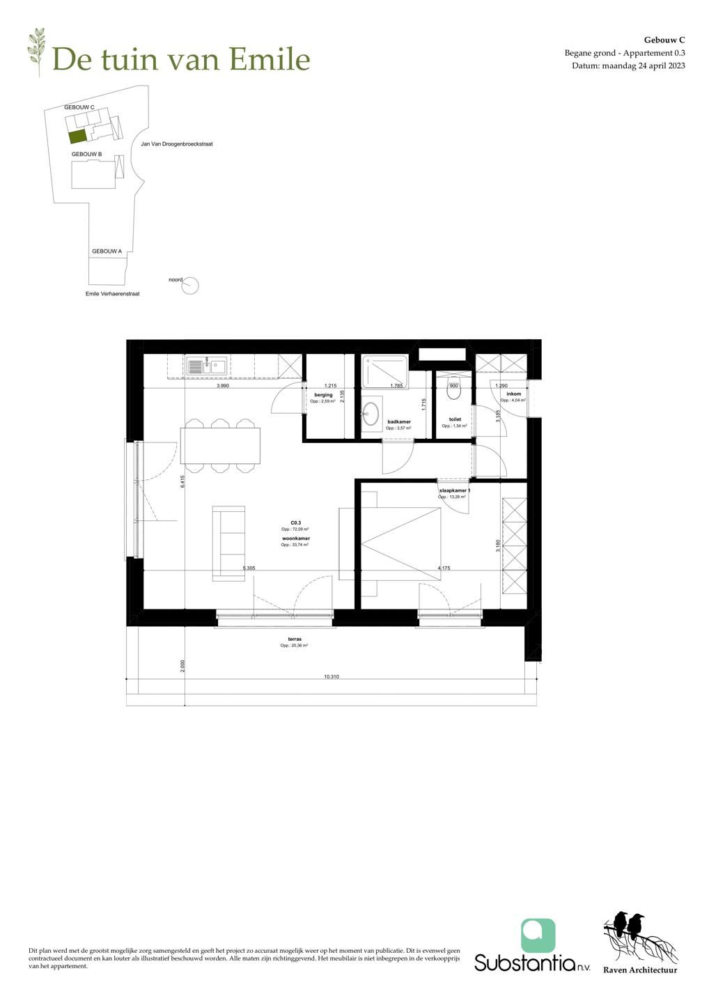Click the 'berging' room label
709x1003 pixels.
322,395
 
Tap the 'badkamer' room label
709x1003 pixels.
399,421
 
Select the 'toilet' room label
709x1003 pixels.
455,419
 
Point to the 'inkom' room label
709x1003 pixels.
513,394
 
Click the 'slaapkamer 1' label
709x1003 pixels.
454,491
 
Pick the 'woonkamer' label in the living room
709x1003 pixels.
296,539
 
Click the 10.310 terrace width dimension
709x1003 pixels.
332,676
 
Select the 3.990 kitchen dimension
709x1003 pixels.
223,385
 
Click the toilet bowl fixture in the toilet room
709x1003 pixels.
455,391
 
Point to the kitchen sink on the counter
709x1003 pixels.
207,364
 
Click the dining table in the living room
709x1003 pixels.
220,445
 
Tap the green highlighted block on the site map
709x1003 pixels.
77,136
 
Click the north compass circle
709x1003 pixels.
190,284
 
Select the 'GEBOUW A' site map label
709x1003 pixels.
107,251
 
